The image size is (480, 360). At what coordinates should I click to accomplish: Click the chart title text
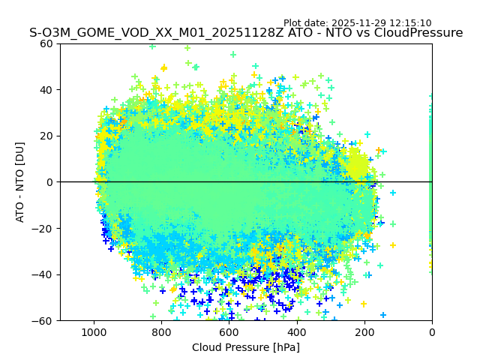[246, 33]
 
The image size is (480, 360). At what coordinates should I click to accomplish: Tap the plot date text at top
[357, 23]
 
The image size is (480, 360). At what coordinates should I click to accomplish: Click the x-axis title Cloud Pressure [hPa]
[246, 347]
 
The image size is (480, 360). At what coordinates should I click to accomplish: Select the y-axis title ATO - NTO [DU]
[20, 182]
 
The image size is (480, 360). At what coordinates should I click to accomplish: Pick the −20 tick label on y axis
[43, 229]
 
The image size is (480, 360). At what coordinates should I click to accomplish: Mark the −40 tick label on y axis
[43, 274]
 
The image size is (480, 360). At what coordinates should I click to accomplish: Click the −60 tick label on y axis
[43, 321]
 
